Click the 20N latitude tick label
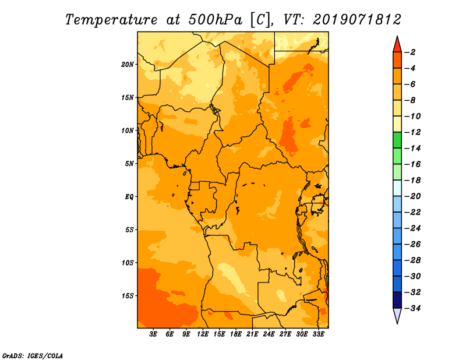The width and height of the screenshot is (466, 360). tap(127, 65)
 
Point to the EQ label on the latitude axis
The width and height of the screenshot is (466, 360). tap(129, 197)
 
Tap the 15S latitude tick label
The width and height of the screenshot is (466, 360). tap(127, 296)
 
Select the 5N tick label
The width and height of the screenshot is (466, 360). tap(129, 164)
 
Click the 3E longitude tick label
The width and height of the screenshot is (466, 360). tap(153, 334)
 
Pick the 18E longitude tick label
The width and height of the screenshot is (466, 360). tap(236, 334)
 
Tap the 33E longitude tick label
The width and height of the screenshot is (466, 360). tap(318, 334)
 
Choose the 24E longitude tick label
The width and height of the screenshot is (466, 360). tap(269, 334)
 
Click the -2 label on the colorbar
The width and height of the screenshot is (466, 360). tap(410, 52)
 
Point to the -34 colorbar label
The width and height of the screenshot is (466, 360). tap(413, 308)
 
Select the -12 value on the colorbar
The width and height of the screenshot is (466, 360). tap(413, 132)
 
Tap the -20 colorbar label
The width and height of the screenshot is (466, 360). tap(413, 196)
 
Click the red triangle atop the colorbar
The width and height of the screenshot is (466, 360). tap(397, 45)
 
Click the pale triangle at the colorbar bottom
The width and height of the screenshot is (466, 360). tap(397, 315)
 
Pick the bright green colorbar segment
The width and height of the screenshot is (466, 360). tap(397, 140)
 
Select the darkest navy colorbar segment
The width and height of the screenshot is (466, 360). tap(397, 300)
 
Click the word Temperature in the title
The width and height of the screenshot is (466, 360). tap(111, 20)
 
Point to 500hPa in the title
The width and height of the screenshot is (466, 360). tap(216, 20)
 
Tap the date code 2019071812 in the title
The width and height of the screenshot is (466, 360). tap(357, 20)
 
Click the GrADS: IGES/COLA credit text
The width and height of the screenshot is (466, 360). tap(33, 356)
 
